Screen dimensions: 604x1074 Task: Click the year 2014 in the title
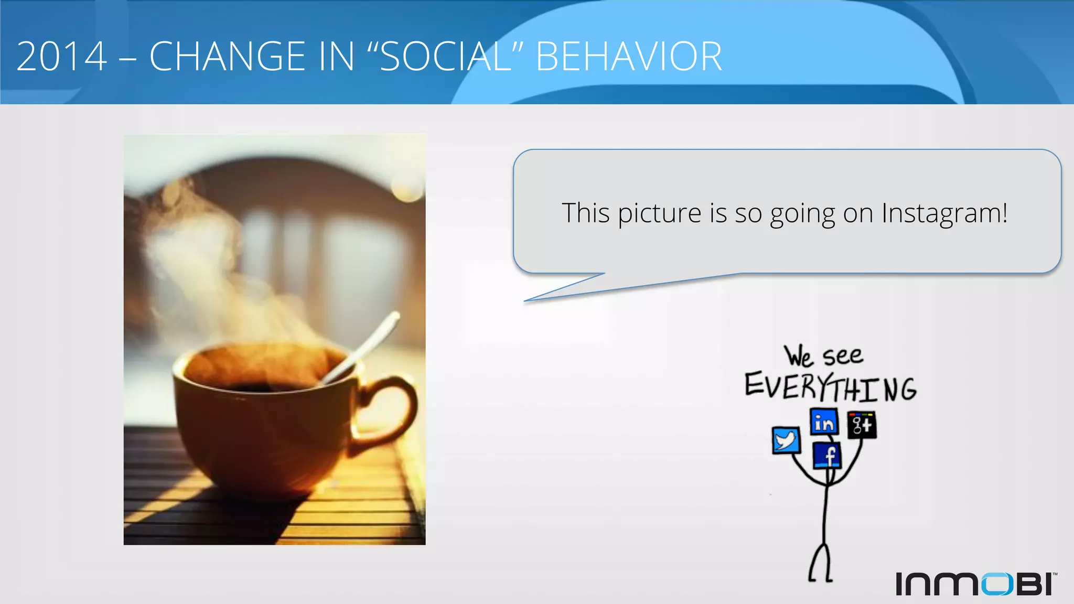[62, 57]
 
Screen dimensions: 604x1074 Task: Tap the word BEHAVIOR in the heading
[628, 57]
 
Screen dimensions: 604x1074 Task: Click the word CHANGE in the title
[227, 57]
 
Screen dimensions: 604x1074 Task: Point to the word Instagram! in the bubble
[944, 214]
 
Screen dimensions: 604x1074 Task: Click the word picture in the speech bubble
[659, 214]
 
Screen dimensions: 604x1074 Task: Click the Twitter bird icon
[786, 440]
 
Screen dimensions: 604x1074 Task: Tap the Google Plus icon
[862, 425]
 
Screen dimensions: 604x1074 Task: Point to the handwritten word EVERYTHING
[830, 388]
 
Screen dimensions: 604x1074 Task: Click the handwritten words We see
[823, 357]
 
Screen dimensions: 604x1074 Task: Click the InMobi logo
[975, 584]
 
